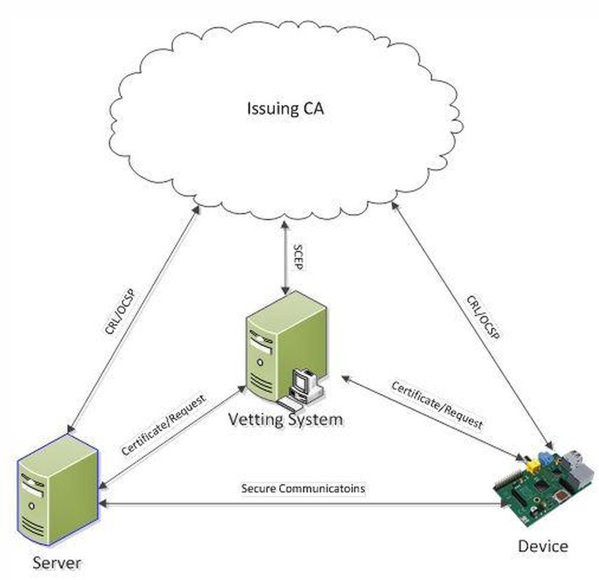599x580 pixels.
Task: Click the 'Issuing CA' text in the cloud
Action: click(285, 109)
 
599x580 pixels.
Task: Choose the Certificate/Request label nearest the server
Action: click(164, 424)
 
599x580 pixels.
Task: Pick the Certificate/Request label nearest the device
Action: click(437, 404)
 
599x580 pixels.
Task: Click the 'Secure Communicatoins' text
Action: click(302, 488)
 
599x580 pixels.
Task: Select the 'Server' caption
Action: click(57, 562)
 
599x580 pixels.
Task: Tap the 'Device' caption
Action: click(543, 546)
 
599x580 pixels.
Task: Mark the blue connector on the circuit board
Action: click(546, 458)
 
